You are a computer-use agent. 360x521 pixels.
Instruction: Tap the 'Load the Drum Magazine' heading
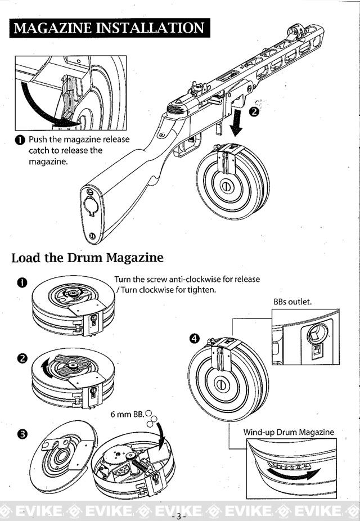point(87,258)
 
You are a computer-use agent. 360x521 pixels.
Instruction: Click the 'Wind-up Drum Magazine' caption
point(289,432)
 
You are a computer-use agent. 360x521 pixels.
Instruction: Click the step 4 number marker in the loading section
point(195,339)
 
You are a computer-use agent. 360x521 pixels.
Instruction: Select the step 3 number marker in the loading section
point(21,434)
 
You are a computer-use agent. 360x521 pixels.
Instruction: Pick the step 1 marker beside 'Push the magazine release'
point(20,140)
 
